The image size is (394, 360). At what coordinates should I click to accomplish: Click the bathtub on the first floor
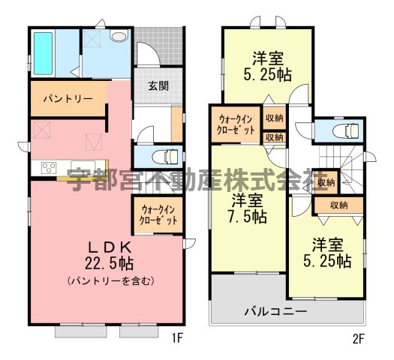(x=43, y=53)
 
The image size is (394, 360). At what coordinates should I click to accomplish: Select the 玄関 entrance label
(x=158, y=86)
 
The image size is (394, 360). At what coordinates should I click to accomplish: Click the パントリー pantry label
(x=68, y=99)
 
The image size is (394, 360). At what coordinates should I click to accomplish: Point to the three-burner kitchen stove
(x=49, y=168)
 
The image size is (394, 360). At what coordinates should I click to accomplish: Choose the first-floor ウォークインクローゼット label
(x=158, y=215)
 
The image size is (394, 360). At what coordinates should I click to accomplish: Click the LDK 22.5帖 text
(x=110, y=255)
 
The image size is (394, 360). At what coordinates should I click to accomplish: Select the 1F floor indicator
(x=177, y=339)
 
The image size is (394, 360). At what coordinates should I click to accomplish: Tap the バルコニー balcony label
(x=276, y=312)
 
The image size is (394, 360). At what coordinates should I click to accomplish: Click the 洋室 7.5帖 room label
(x=247, y=208)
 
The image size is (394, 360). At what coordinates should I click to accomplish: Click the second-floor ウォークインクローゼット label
(x=236, y=124)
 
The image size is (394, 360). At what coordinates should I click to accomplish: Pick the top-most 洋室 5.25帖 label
(x=268, y=66)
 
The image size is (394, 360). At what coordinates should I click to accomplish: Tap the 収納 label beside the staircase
(x=326, y=183)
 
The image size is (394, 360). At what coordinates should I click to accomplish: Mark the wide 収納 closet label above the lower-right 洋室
(x=339, y=205)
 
